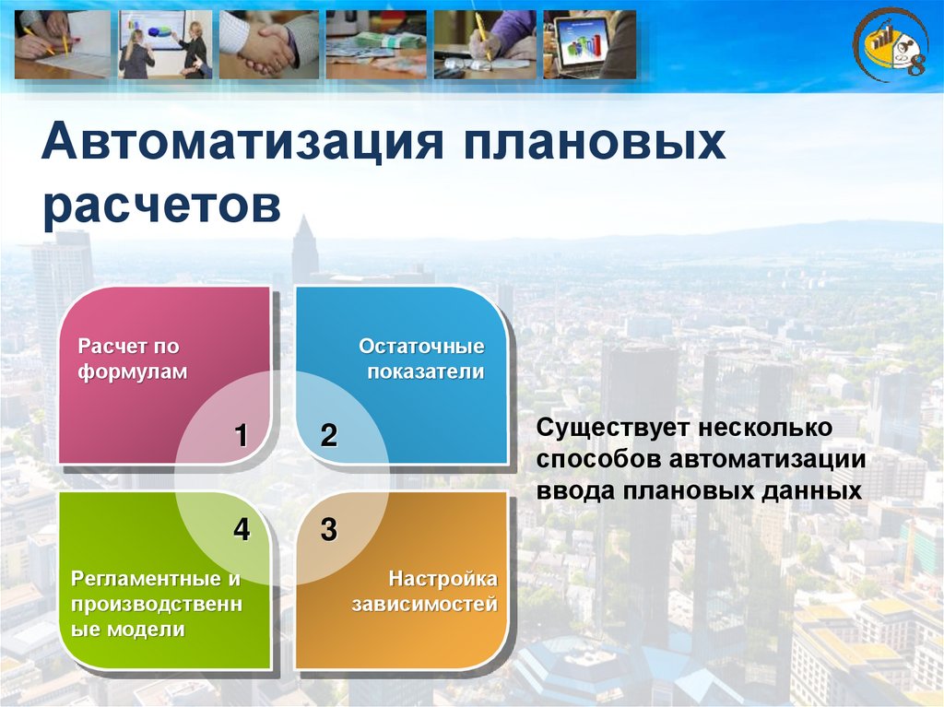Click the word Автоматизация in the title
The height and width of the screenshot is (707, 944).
click(x=242, y=142)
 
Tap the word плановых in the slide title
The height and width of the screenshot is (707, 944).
click(x=595, y=143)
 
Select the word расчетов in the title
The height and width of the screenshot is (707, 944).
click(x=162, y=206)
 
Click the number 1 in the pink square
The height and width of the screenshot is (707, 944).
click(x=241, y=435)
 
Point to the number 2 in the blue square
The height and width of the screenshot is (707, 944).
click(x=329, y=435)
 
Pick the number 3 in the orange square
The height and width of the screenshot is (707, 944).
click(x=329, y=529)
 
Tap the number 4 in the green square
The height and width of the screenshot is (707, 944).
click(x=242, y=529)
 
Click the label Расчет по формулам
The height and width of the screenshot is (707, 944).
click(x=133, y=359)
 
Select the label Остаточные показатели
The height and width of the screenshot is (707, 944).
click(x=421, y=359)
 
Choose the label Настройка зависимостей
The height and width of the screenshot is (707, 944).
click(x=424, y=592)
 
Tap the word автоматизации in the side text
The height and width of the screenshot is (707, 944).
click(x=768, y=459)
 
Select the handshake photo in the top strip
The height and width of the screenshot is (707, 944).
click(x=268, y=44)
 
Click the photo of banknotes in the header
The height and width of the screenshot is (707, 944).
click(x=376, y=44)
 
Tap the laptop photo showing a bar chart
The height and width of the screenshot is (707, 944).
click(x=589, y=44)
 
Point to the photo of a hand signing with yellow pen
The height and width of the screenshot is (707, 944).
click(x=485, y=44)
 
